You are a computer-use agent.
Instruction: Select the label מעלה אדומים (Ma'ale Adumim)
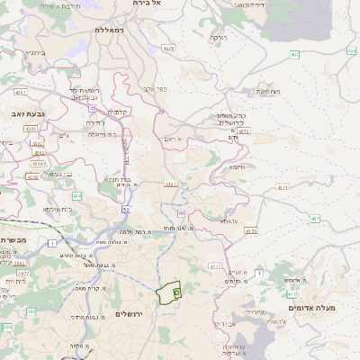311,308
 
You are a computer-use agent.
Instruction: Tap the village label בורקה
219,38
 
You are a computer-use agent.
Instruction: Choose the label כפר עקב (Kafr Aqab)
157,88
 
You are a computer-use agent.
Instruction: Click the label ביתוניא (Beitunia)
34,53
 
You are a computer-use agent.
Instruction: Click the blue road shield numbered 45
92,108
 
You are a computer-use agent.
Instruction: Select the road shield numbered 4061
167,48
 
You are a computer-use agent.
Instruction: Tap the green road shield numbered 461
295,54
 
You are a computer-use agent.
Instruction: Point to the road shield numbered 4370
250,231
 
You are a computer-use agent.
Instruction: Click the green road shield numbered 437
315,218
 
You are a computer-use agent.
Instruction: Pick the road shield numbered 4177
214,266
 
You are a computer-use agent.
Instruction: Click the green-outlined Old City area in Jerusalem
168,292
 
